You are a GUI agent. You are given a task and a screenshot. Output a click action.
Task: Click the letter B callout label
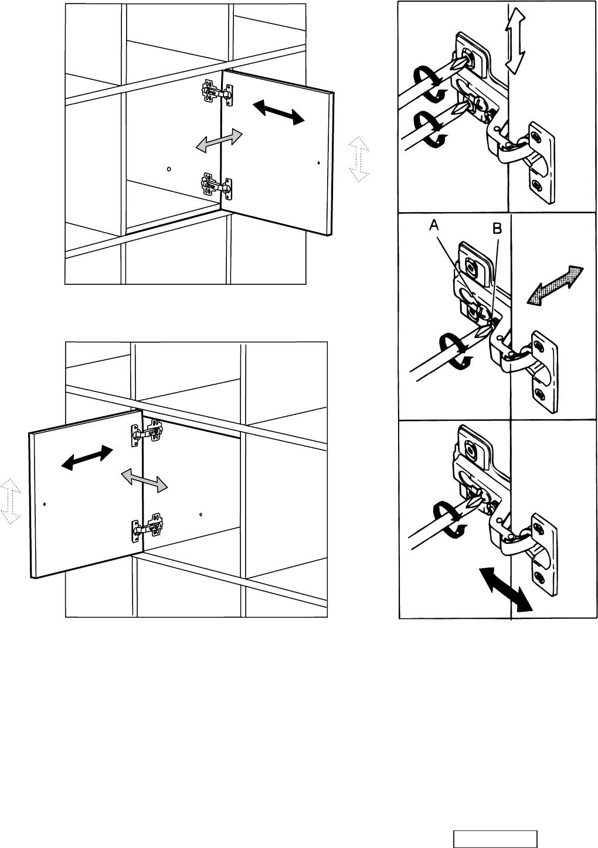pyautogui.click(x=496, y=230)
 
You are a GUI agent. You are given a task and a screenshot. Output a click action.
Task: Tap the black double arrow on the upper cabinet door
pyautogui.click(x=278, y=111)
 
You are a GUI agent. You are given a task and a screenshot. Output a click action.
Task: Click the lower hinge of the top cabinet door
pyautogui.click(x=216, y=185)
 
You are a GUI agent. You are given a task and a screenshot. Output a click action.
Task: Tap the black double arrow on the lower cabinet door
pyautogui.click(x=87, y=458)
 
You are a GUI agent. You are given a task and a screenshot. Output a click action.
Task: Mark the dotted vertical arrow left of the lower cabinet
pyautogui.click(x=11, y=501)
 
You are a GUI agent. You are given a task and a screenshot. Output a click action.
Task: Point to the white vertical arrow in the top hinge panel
pyautogui.click(x=514, y=43)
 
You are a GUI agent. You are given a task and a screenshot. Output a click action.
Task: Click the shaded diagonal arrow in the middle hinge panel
pyautogui.click(x=556, y=285)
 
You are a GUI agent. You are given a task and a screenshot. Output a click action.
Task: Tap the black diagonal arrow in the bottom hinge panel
pyautogui.click(x=505, y=590)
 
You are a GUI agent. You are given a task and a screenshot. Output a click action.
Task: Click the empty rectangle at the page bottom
pyautogui.click(x=495, y=839)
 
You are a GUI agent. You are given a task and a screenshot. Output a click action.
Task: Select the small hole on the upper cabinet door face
pyautogui.click(x=318, y=163)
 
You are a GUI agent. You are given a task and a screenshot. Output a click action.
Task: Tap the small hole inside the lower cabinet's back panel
pyautogui.click(x=201, y=515)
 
